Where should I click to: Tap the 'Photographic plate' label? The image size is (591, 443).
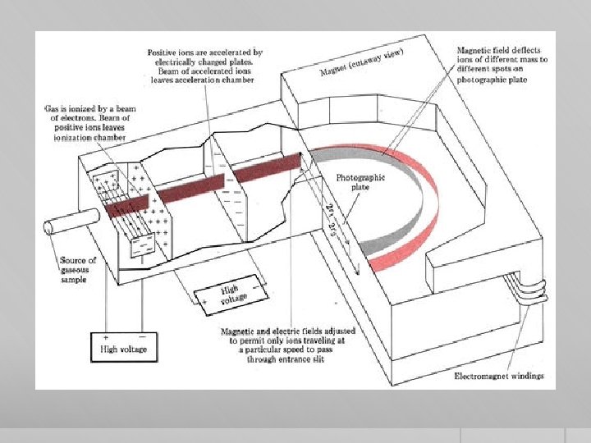pos(360,182)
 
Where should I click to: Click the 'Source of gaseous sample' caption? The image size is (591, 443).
pos(78,269)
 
